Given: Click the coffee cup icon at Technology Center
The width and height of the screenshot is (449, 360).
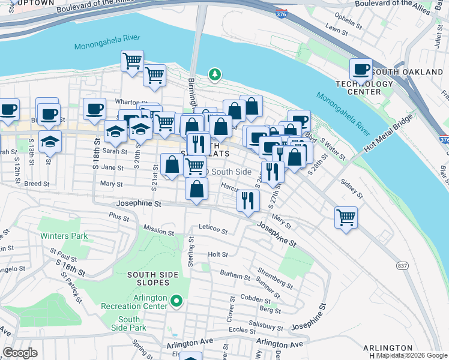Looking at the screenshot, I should click(361, 69).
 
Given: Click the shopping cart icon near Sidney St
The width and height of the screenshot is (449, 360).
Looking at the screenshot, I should click(346, 217).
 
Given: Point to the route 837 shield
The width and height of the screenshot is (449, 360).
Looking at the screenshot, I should click(402, 265).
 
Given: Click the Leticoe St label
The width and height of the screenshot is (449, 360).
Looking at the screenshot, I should click(213, 231).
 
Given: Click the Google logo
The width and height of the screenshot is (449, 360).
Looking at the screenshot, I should click(20, 353).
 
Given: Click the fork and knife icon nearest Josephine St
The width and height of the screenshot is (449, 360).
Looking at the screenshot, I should click(247, 200).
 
